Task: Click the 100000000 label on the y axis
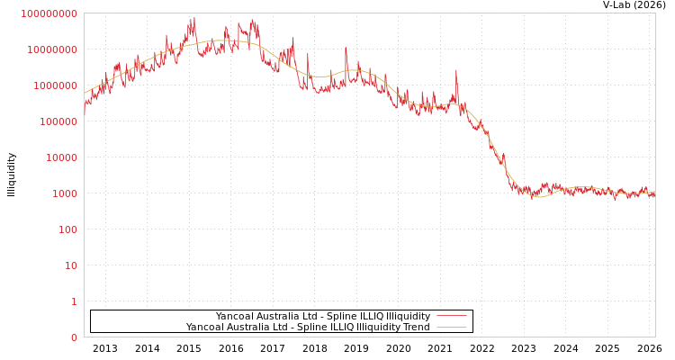[49, 13]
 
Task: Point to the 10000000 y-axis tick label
[51, 49]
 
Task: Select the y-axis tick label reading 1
[74, 301]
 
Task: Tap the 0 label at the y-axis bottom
[74, 337]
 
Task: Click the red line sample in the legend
[451, 316]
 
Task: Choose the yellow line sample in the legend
[451, 327]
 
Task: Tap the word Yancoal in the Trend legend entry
[205, 327]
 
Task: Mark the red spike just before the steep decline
[456, 71]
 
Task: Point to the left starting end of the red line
[85, 110]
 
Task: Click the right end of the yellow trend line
[654, 192]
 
